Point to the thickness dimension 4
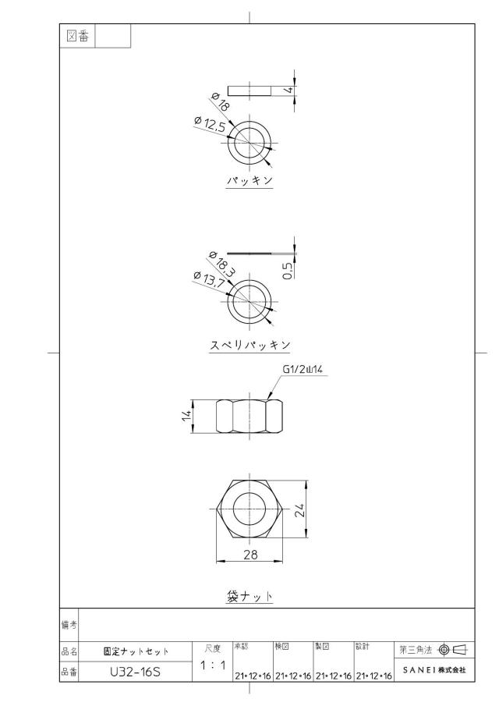290,90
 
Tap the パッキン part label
249,180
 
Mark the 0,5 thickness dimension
288,270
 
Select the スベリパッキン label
250,345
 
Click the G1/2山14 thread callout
303,370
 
